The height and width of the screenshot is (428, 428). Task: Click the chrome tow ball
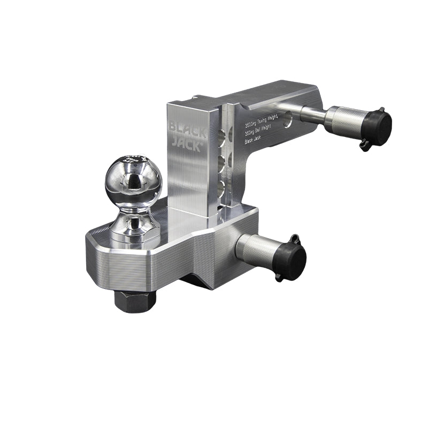click(133, 182)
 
